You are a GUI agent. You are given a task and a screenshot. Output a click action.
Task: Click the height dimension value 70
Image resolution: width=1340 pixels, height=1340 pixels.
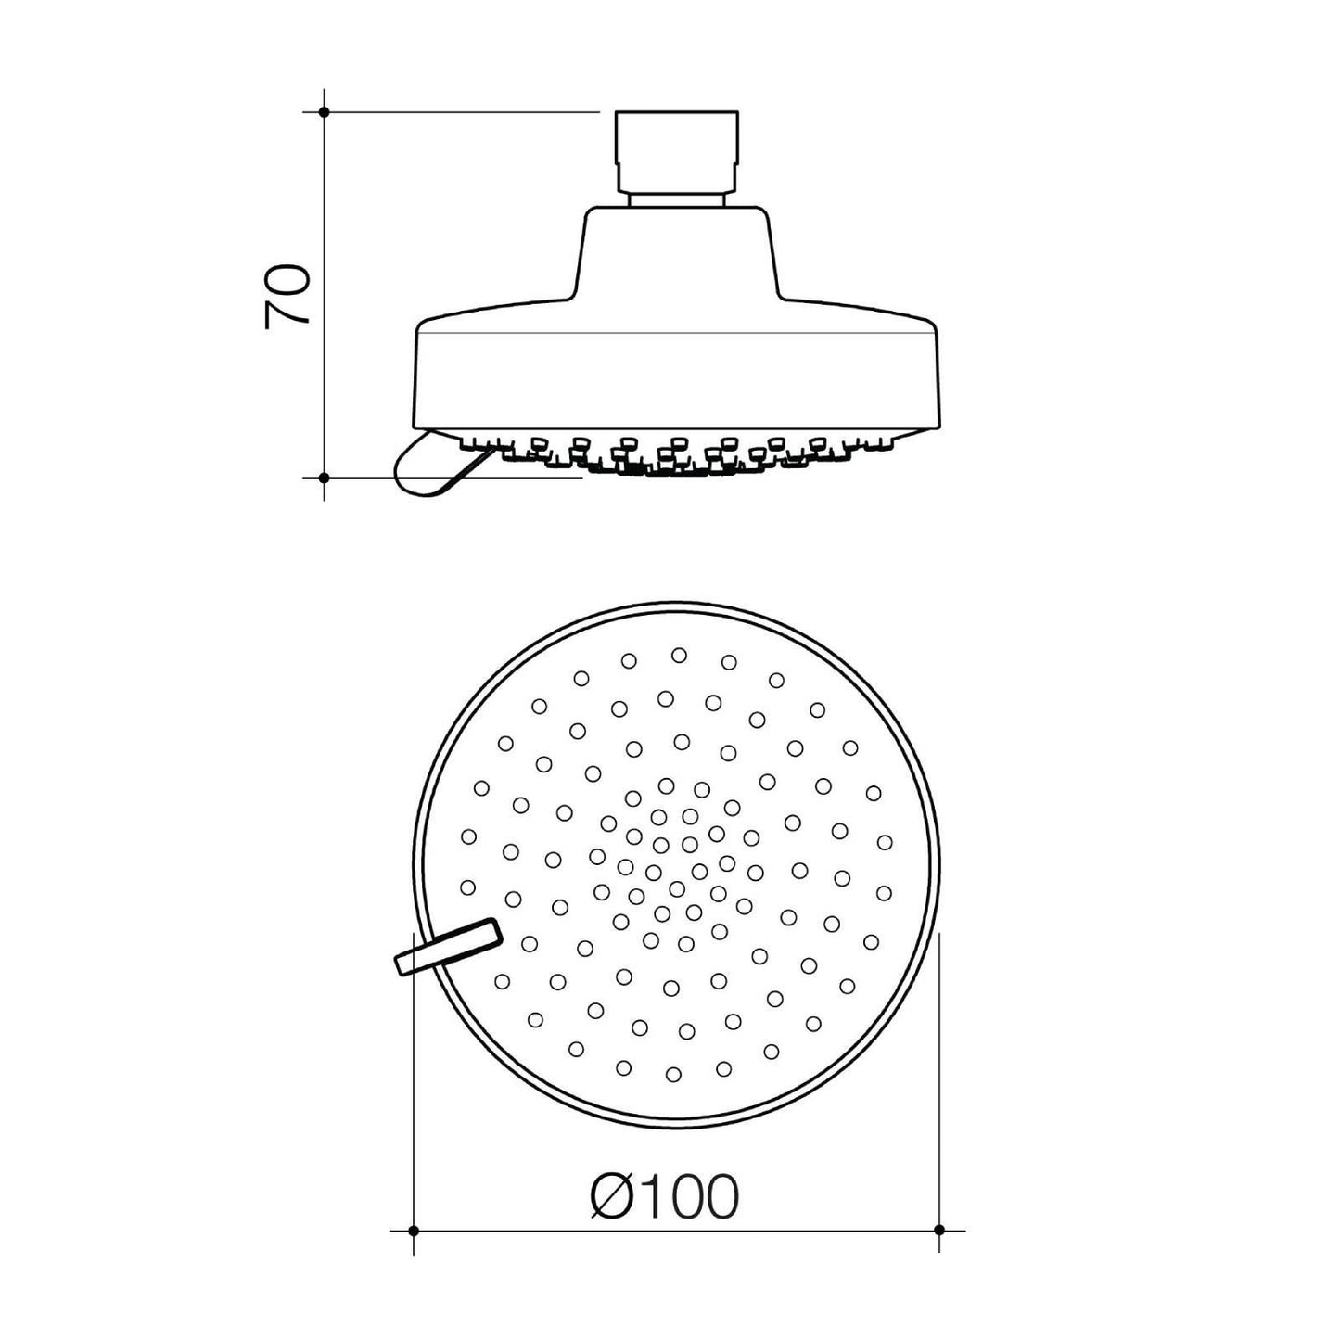[287, 296]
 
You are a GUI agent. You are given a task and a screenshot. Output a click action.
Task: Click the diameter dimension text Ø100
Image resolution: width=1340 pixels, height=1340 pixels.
[665, 1196]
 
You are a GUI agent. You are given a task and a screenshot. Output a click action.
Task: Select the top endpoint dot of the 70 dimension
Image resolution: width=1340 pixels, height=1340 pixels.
[324, 112]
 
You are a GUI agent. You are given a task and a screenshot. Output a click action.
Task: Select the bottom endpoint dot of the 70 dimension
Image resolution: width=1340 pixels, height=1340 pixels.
[324, 478]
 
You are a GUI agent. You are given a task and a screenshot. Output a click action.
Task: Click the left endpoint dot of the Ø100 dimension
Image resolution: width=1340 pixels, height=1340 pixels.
[414, 1250]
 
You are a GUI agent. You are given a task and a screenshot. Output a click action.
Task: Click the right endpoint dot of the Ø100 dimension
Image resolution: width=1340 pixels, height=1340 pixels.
[939, 1250]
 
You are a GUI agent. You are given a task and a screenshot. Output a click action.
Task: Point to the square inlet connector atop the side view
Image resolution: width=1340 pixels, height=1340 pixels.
[676, 151]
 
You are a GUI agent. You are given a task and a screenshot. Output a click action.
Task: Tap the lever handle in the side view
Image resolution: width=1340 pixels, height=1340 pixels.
[438, 465]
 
